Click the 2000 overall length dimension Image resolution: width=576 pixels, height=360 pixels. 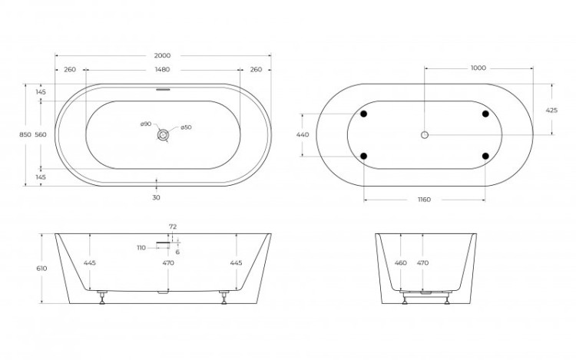162,56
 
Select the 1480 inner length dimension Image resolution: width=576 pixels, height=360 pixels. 162,70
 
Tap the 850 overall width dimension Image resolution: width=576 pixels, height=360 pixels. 25,134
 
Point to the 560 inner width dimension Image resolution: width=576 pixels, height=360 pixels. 41,134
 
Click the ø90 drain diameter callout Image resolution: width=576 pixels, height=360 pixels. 146,124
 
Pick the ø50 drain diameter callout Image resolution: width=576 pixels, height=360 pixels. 187,127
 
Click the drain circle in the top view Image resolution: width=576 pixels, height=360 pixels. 163,135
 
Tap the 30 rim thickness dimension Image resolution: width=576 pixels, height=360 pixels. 156,197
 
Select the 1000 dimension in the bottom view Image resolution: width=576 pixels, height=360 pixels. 478,68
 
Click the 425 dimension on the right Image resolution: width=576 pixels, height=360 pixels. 551,110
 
